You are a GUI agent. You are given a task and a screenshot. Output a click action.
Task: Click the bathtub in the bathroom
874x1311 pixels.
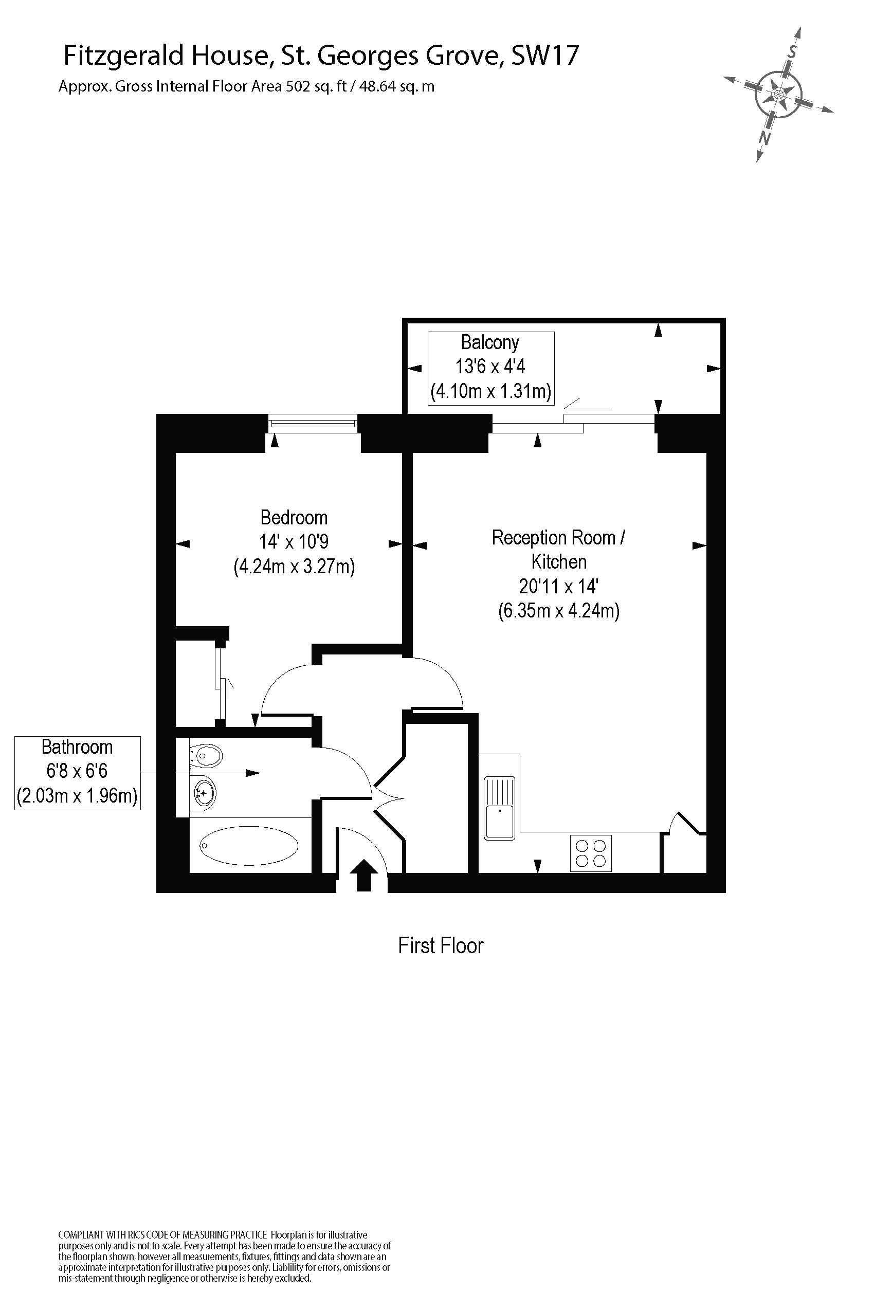point(249,845)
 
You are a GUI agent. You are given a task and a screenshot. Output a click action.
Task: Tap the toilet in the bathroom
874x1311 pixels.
point(206,756)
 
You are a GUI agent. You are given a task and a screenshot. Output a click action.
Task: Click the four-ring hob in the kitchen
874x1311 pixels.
point(591,853)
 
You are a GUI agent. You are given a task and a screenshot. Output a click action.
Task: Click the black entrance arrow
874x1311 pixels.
point(363,875)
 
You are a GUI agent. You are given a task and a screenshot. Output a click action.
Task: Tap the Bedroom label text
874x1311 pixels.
point(294,517)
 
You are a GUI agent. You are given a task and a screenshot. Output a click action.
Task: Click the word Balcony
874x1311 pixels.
point(490,342)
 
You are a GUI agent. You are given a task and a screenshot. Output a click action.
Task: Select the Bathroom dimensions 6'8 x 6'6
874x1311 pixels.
point(77,771)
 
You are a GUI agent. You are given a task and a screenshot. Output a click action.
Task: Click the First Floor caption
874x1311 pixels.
point(441,945)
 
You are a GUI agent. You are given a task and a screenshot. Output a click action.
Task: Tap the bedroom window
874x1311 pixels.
point(313,424)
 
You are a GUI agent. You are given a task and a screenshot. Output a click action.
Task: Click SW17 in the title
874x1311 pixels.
point(544,55)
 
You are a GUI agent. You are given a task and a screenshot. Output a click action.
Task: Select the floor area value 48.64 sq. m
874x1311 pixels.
point(397,86)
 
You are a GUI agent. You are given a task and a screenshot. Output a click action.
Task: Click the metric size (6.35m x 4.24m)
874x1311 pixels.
point(558,611)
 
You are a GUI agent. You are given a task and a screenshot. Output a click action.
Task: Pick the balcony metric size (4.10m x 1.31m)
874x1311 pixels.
point(490,391)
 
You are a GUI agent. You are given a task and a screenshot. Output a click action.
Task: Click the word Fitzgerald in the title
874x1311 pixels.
point(124,55)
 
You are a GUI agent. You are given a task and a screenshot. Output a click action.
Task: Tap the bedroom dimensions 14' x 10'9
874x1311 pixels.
point(293,542)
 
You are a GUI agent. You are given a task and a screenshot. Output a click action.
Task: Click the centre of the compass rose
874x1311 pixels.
point(778,94)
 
